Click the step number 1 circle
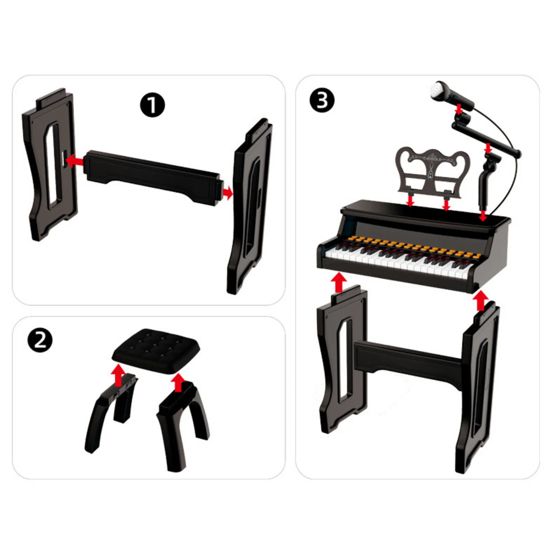coord(152,105)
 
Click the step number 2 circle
coord(40,340)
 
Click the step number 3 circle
coord(322,100)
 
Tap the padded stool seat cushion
coord(156,351)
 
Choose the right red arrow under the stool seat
coord(178,382)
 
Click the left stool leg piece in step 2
coord(111,412)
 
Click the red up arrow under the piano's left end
coord(339,282)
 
